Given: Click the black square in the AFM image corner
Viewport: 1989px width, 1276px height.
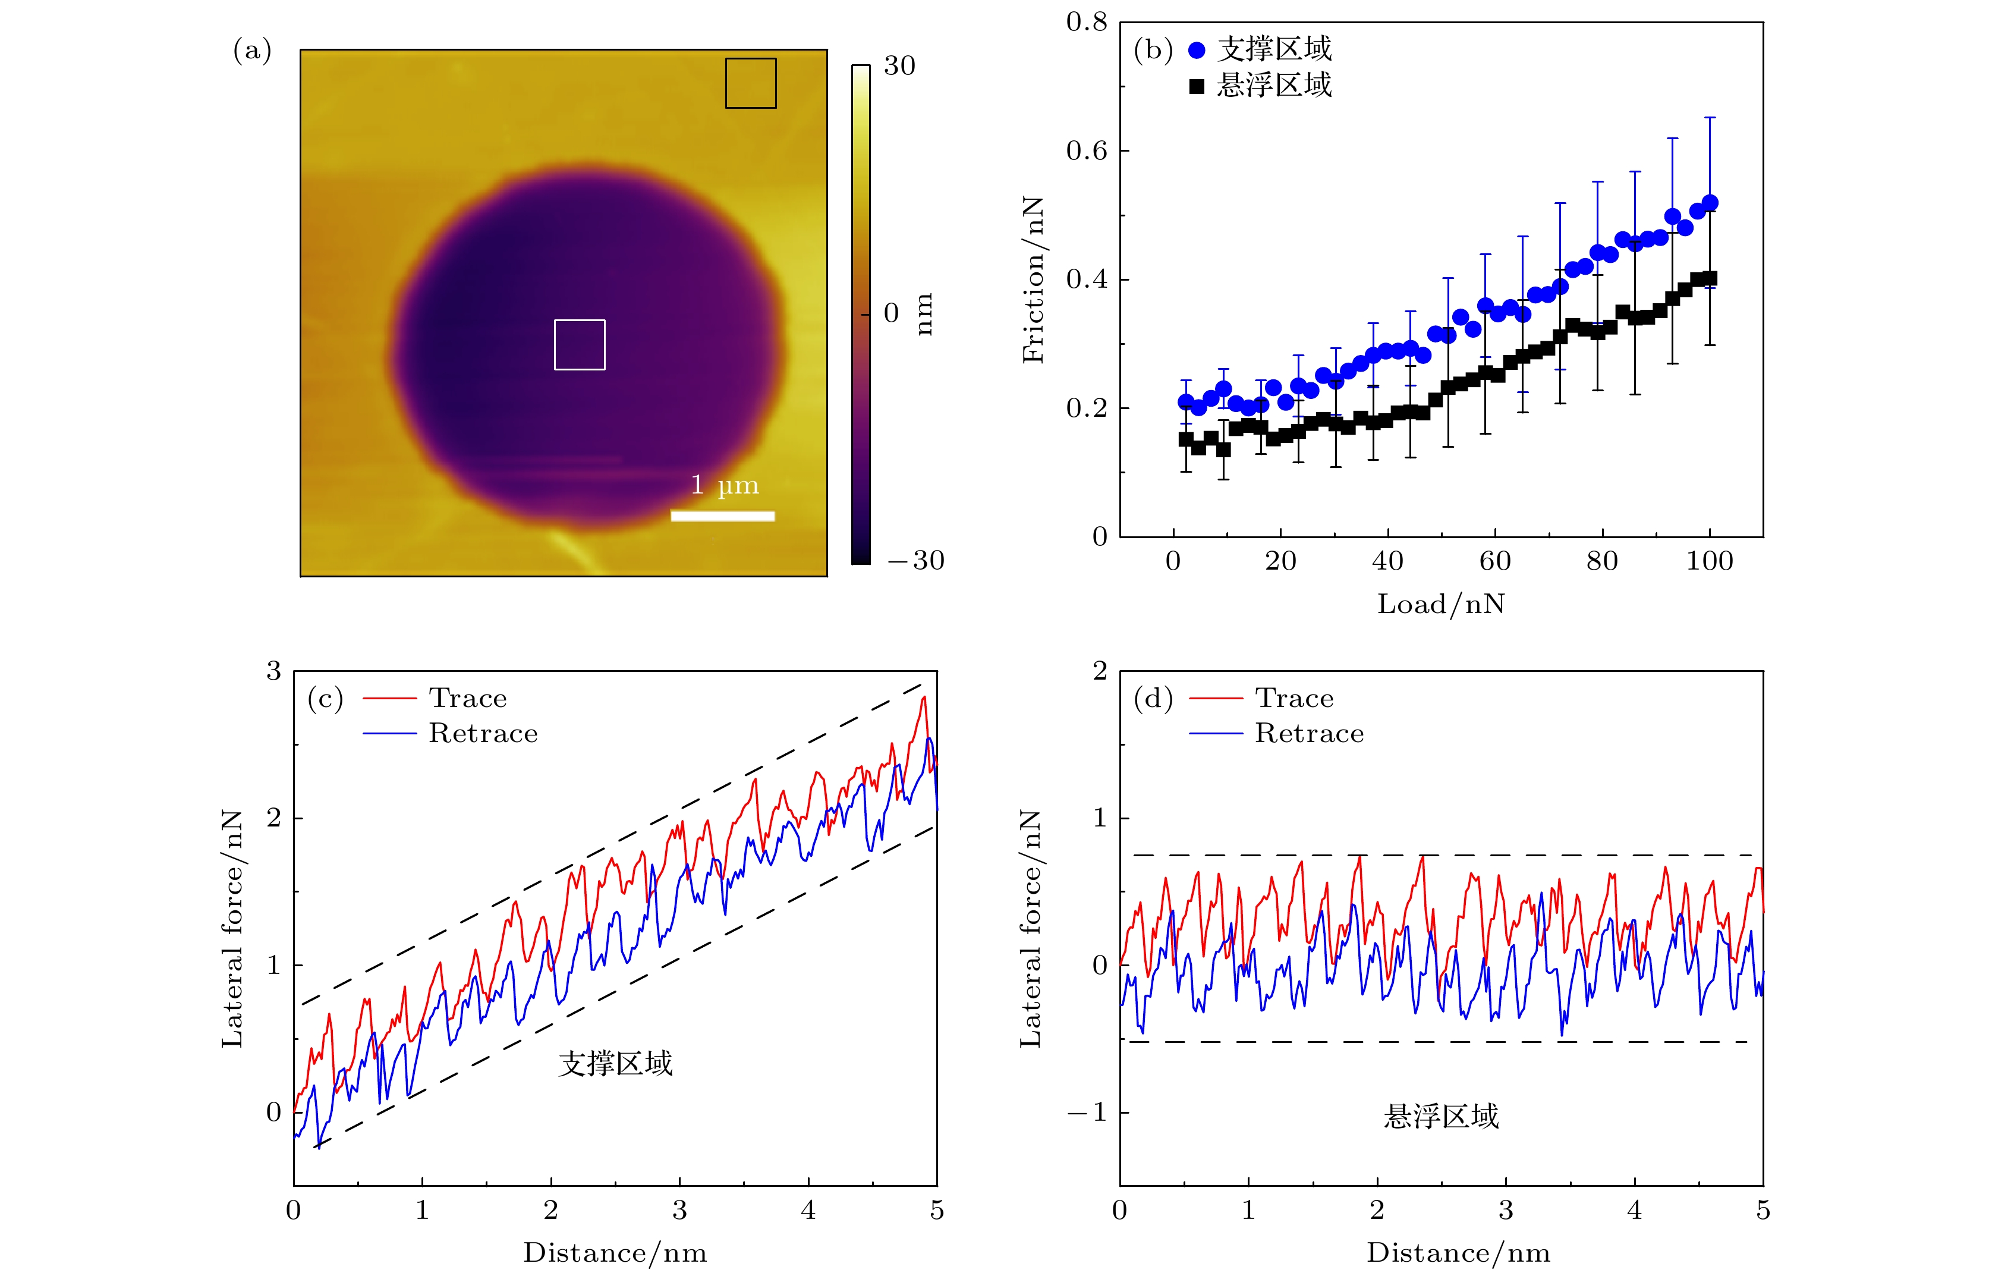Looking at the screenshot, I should [751, 83].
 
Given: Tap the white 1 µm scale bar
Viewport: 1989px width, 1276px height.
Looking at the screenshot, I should [722, 516].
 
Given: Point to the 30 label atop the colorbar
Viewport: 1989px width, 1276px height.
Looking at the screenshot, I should [899, 66].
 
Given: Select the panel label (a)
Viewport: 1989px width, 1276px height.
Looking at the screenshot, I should [252, 51].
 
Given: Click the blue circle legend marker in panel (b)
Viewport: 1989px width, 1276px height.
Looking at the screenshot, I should [1196, 51].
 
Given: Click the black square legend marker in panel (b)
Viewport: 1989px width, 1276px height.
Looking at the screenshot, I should [1196, 86].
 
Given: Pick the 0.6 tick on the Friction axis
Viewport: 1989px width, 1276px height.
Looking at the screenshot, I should [1086, 151].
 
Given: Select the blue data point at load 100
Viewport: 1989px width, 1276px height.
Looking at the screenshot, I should [1709, 203].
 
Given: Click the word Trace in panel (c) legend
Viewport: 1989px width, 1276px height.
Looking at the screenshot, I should [467, 699].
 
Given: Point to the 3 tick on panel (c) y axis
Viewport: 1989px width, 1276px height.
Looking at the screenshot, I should [273, 671].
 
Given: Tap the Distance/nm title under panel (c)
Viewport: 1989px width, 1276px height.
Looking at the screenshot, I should [615, 1253].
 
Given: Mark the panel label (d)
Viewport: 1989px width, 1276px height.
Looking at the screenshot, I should [1152, 699].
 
